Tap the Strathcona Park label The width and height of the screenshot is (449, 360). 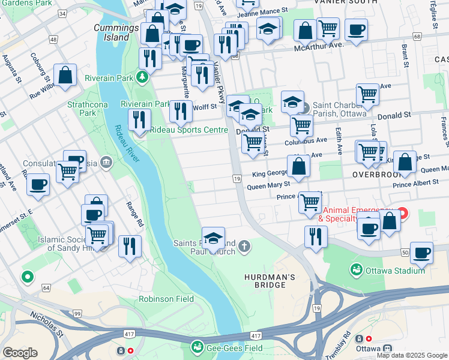(x=82, y=108)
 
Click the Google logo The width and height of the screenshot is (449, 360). (x=20, y=352)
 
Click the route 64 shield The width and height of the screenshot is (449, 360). (x=46, y=288)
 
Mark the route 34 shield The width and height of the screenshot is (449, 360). (x=61, y=13)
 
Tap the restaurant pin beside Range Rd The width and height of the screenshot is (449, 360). (x=130, y=246)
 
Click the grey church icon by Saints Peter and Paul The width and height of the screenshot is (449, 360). (x=244, y=245)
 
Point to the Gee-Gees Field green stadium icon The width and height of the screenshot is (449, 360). (x=197, y=347)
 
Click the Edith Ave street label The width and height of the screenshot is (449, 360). (x=340, y=140)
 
